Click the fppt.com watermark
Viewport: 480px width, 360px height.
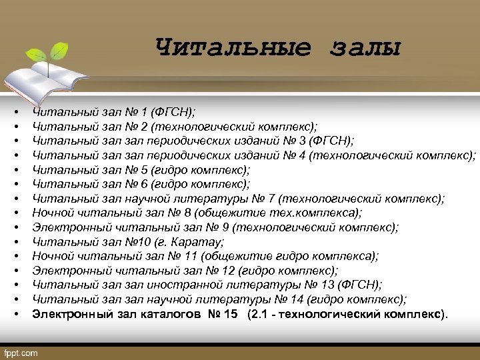(21, 352)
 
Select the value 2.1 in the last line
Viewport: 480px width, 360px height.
(259, 313)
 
